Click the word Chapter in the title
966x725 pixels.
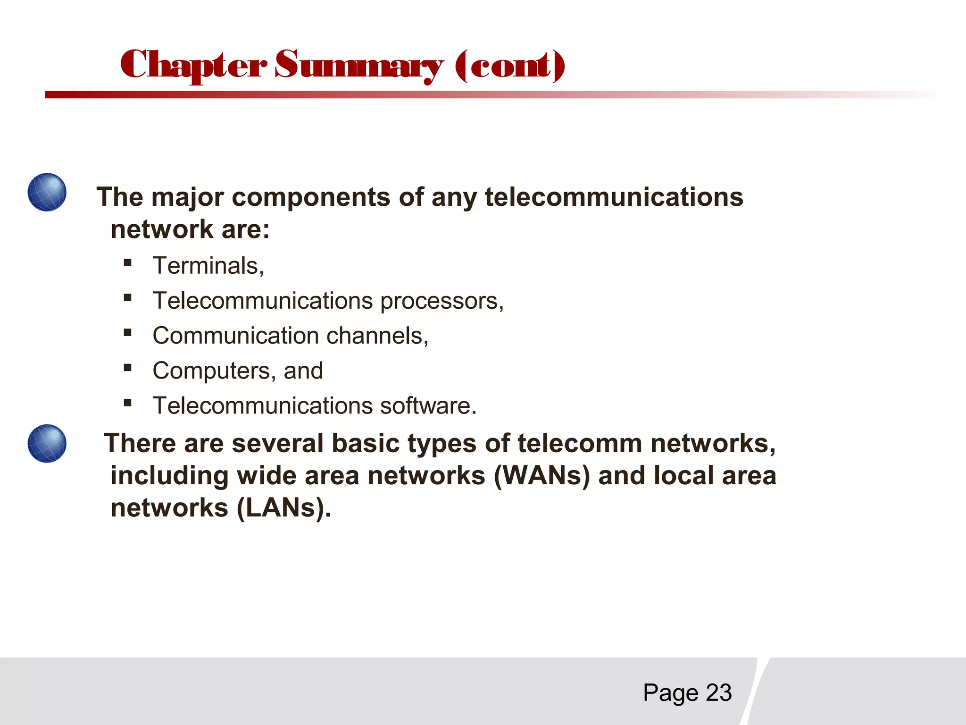[193, 65]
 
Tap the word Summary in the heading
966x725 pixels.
[358, 66]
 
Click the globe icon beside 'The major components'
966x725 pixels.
[47, 192]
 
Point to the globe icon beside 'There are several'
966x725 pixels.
[47, 443]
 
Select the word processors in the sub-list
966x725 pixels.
[441, 302]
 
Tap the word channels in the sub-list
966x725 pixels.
[377, 336]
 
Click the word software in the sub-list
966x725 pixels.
[428, 406]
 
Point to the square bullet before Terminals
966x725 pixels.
[127, 262]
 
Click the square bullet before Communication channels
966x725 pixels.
[127, 332]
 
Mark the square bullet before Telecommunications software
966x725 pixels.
[127, 403]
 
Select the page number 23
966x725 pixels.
[718, 693]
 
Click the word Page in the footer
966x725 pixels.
[670, 693]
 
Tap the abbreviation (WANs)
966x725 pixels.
[541, 476]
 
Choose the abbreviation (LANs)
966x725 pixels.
[284, 508]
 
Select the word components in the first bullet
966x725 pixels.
[311, 197]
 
